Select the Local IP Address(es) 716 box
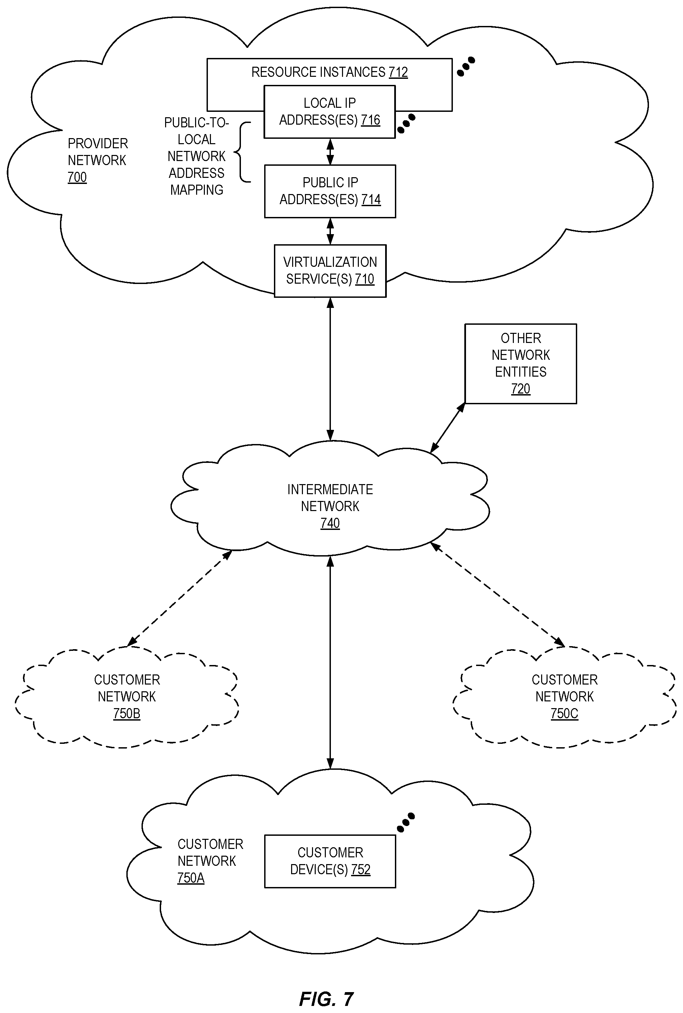pos(330,112)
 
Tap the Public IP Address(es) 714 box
pos(330,191)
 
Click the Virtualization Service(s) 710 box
pos(330,271)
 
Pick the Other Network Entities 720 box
pos(521,363)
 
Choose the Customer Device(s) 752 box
pos(330,861)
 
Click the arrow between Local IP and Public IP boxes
pos(330,152)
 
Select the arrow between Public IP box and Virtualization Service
pos(330,231)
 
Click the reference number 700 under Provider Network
pos(77,177)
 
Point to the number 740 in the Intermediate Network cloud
pos(330,523)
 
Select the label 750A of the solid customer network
pos(191,878)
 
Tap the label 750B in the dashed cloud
pos(127,714)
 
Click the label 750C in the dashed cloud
pos(564,714)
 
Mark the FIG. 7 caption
pos(326,999)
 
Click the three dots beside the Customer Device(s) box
pos(406,823)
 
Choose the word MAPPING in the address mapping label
pos(197,190)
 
